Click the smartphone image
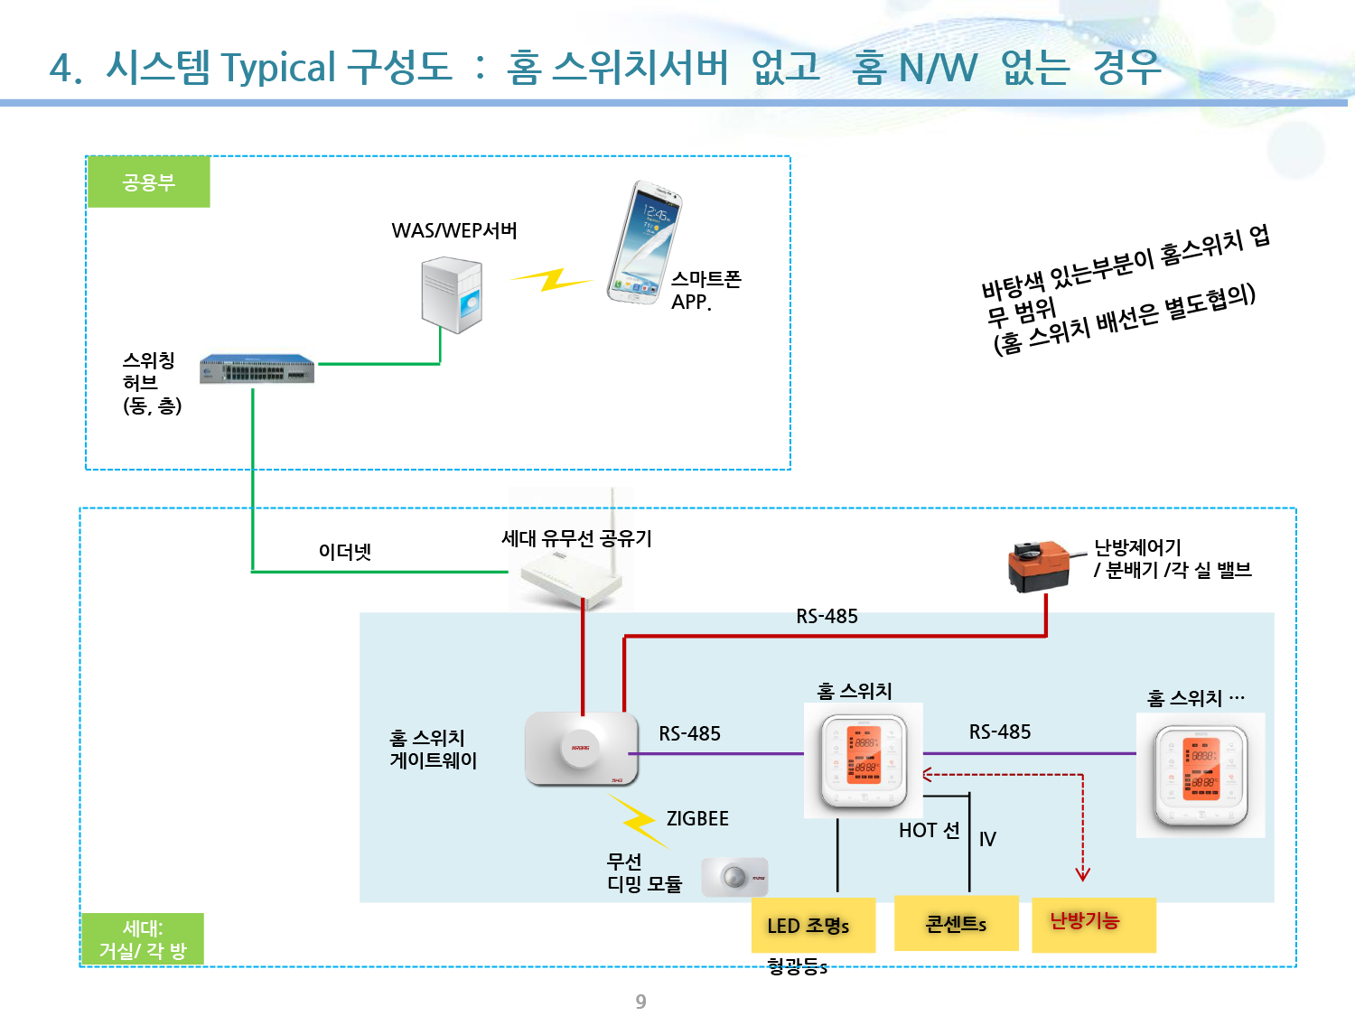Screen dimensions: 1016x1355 pos(644,242)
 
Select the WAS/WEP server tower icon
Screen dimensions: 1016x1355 pos(452,295)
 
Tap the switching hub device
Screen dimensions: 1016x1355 pos(257,369)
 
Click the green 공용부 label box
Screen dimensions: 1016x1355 pos(149,182)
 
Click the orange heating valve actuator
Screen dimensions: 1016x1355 pos(1041,566)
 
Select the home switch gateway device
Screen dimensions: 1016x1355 pos(581,748)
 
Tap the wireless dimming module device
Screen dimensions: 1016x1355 pos(734,877)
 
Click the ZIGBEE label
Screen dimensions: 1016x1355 pos(697,819)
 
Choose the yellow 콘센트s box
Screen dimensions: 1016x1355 pos(957,923)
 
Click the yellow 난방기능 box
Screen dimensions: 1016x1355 pos(1093,923)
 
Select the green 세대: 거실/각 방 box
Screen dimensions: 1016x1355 pos(143,939)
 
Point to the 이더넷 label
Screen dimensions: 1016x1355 pos(345,552)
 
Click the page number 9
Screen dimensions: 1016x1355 pos(640,1002)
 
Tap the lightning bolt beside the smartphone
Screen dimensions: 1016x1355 pos(550,279)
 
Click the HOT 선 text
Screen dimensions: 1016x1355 pos(929,831)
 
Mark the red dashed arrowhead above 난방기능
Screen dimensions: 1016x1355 pos(1082,874)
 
